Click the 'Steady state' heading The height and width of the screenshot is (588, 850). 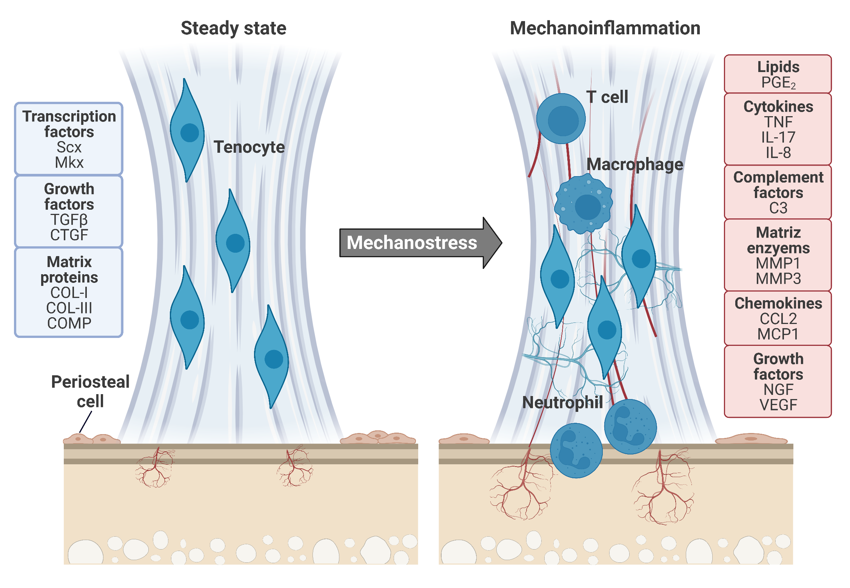[x=233, y=28]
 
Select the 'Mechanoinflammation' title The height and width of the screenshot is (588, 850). [x=605, y=28]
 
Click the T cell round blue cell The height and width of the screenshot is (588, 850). [x=561, y=119]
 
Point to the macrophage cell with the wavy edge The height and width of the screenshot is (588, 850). [x=583, y=204]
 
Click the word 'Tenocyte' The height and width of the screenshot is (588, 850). [x=249, y=147]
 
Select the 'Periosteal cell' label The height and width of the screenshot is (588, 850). [x=90, y=391]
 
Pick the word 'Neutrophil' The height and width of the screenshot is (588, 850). [x=562, y=402]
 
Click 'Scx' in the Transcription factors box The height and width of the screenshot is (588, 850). [x=69, y=147]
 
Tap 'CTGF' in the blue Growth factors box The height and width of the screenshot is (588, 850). [x=69, y=235]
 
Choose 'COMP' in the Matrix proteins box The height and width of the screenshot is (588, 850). [x=69, y=323]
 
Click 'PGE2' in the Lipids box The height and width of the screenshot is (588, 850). [x=778, y=83]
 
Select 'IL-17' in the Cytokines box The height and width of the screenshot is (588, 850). [x=778, y=137]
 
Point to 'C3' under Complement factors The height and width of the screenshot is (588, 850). [x=778, y=208]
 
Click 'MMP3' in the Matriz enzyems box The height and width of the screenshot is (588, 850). [x=778, y=279]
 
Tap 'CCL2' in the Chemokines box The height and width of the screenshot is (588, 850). [x=778, y=319]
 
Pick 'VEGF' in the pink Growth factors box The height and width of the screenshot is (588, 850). [x=778, y=405]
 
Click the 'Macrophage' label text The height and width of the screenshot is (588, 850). [x=635, y=164]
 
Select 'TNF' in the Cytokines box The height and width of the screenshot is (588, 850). [x=778, y=122]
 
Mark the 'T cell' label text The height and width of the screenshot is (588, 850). [x=607, y=97]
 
